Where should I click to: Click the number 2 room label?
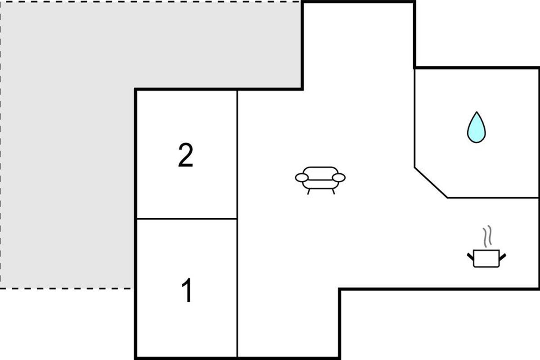click(185, 155)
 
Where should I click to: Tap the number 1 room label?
click(187, 290)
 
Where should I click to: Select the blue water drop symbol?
click(477, 127)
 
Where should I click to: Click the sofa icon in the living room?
click(320, 180)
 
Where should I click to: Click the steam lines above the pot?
click(487, 236)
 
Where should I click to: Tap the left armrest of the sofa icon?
click(302, 178)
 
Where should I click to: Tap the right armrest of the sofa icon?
click(339, 178)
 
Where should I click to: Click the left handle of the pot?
click(470, 257)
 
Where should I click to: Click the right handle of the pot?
click(503, 257)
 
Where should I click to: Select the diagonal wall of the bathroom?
click(431, 183)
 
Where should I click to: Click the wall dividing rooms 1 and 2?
click(187, 219)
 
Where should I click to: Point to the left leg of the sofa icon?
click(308, 192)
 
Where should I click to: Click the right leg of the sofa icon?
click(333, 192)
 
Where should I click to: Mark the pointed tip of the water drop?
click(477, 112)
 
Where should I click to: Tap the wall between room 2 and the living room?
click(237, 154)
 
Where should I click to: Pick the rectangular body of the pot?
click(486, 259)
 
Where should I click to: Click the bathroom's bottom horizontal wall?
click(493, 198)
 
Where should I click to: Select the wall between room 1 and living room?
click(237, 288)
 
